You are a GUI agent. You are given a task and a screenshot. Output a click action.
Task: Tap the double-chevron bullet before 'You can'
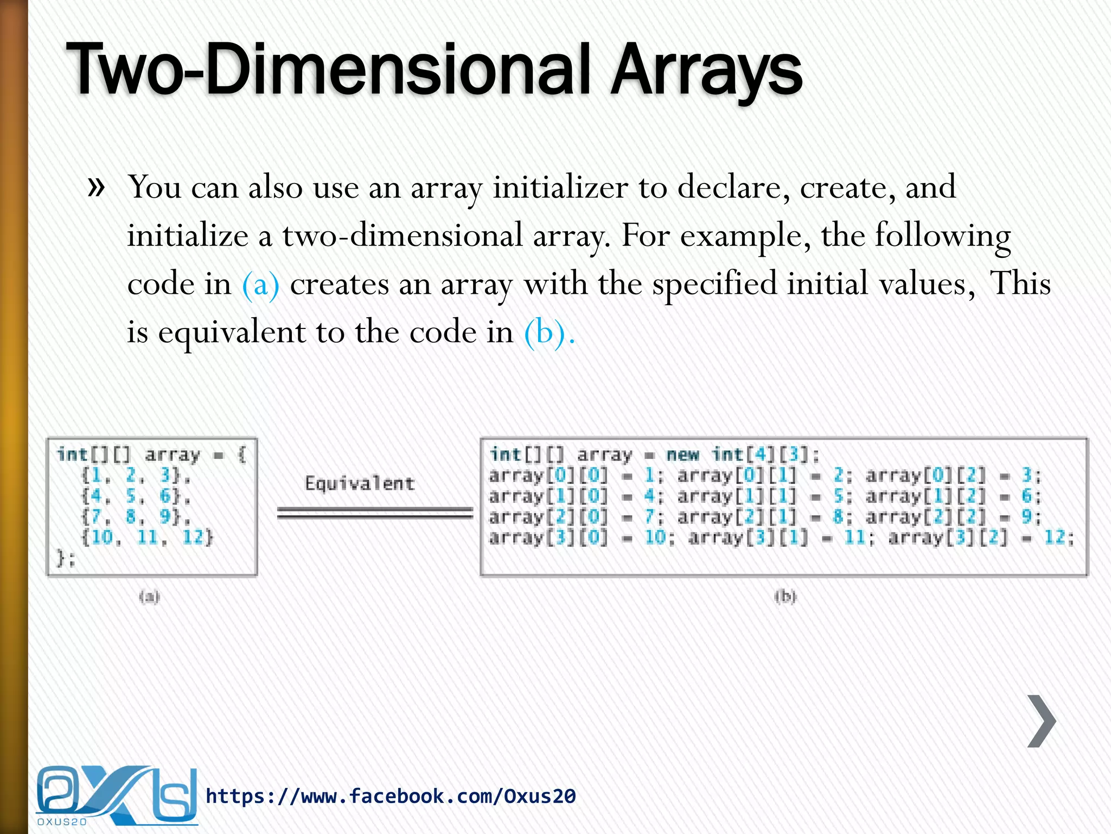(96, 187)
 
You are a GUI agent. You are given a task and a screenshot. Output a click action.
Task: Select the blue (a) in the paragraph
(261, 284)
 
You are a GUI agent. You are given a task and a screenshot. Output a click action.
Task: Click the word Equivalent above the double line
(360, 483)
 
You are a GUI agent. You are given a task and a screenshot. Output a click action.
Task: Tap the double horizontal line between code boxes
(375, 513)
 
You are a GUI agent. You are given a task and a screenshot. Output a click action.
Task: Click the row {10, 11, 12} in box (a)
(147, 538)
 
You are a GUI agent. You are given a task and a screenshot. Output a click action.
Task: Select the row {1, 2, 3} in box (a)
(136, 475)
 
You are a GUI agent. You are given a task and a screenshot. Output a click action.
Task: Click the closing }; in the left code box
(66, 558)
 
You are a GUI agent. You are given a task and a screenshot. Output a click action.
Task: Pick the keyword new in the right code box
(682, 454)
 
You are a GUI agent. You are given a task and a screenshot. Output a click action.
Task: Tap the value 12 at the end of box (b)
(1055, 538)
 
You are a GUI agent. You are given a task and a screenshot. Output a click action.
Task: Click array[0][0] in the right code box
(548, 476)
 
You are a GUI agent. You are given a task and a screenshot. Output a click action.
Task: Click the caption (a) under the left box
(149, 597)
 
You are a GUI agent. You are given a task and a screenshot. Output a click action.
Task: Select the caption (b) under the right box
(785, 597)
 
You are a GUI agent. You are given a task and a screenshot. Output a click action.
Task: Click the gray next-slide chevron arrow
(1041, 721)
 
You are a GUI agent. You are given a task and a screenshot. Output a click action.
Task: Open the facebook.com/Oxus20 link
(391, 796)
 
